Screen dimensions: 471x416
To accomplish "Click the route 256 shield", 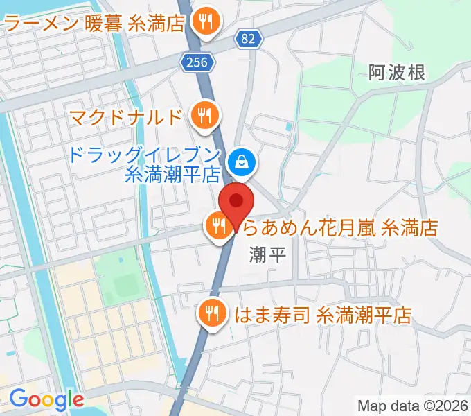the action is (x=195, y=62).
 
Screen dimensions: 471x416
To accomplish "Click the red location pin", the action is (x=236, y=202).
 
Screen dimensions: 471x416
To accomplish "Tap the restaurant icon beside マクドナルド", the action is (x=203, y=114).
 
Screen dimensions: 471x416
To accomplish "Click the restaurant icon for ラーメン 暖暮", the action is (x=205, y=24).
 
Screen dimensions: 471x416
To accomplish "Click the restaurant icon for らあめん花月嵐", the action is (x=218, y=225).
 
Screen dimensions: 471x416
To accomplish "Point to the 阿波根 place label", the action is (x=397, y=71).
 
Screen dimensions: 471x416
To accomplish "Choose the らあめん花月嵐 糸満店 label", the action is (x=339, y=226).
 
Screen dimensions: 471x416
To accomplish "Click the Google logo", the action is (x=46, y=399).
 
